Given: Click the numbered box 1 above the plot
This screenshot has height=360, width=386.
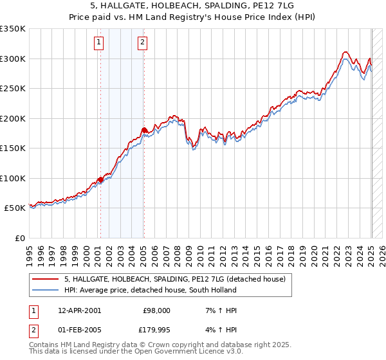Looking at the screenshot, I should (100, 44).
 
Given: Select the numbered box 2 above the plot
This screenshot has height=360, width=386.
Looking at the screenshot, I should (142, 44).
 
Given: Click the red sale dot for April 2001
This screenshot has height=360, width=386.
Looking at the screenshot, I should (100, 179).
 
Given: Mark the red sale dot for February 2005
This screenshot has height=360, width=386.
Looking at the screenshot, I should (144, 130).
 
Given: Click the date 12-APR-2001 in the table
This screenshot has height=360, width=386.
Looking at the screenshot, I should (79, 310).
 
